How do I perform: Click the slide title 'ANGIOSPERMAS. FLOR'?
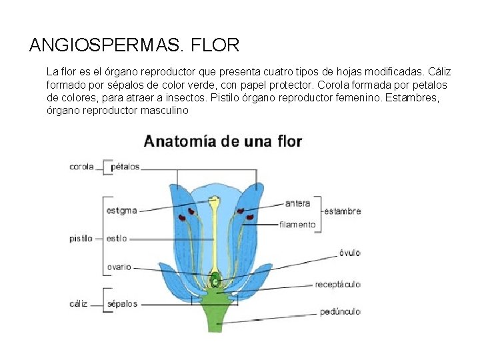click(x=134, y=45)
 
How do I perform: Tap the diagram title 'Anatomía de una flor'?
click(x=223, y=141)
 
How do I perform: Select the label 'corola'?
click(x=81, y=167)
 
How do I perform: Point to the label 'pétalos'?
click(x=125, y=167)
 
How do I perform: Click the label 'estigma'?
click(x=121, y=211)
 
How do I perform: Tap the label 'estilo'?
click(x=117, y=238)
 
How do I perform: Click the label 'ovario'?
click(x=119, y=267)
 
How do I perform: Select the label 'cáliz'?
click(x=79, y=303)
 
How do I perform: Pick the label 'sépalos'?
click(x=122, y=303)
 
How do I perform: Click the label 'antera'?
click(x=297, y=203)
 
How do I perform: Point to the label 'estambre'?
click(x=343, y=211)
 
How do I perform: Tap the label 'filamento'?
click(x=297, y=225)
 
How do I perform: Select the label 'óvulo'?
click(x=349, y=253)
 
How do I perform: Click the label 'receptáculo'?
click(x=337, y=284)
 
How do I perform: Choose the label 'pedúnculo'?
click(x=340, y=311)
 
